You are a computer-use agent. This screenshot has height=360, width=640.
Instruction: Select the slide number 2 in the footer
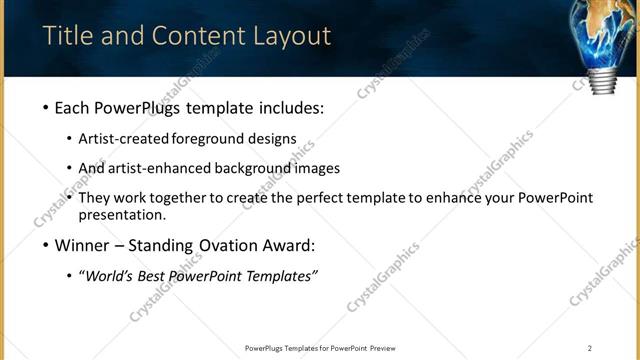(589, 348)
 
